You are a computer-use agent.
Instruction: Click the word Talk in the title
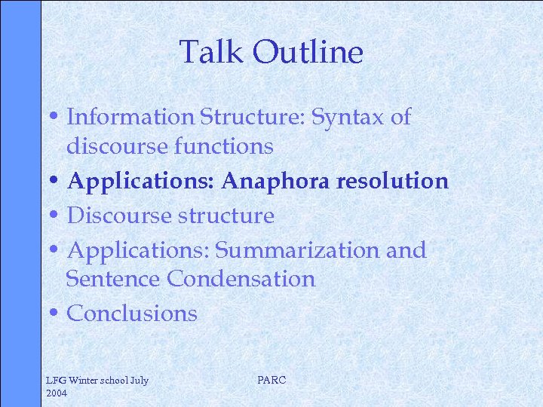tap(213, 53)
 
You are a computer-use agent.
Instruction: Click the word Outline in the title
tap(308, 53)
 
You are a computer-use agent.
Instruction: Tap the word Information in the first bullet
tap(130, 117)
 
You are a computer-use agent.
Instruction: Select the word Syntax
tap(351, 117)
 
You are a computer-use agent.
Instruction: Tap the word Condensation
tap(241, 279)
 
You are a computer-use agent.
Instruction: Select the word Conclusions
tap(132, 314)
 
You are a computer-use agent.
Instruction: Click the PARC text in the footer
tap(271, 381)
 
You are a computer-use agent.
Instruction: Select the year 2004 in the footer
tap(57, 393)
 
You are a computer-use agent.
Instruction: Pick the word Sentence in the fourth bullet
tap(113, 279)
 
